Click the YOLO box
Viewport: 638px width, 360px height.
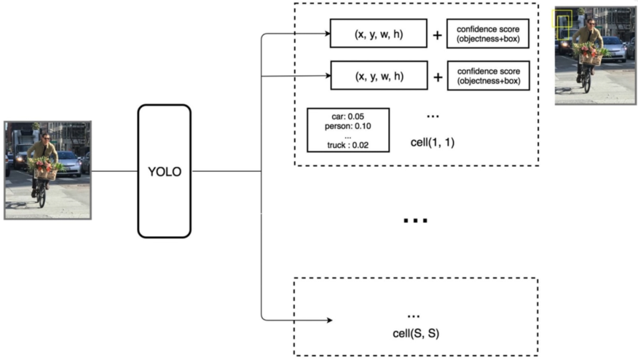click(x=164, y=171)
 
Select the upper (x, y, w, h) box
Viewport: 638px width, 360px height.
click(x=379, y=33)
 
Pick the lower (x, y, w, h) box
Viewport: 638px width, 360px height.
click(x=379, y=76)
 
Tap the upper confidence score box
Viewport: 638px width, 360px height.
click(x=488, y=33)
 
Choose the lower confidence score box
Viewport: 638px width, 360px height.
click(x=488, y=76)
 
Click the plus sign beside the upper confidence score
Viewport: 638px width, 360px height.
click(x=437, y=34)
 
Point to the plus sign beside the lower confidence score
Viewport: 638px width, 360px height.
click(x=437, y=77)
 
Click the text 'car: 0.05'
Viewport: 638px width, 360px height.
click(x=348, y=116)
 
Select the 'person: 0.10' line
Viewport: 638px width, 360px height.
click(x=348, y=126)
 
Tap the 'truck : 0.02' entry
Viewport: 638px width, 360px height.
click(x=348, y=145)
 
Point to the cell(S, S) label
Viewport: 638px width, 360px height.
click(x=416, y=333)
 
